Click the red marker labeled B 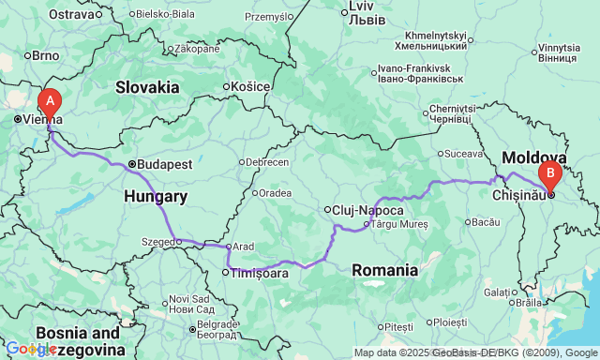pyautogui.click(x=549, y=172)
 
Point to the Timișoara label pyautogui.click(x=256, y=273)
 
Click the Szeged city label pyautogui.click(x=159, y=242)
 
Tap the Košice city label pyautogui.click(x=248, y=87)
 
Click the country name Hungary pyautogui.click(x=156, y=197)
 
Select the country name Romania pyautogui.click(x=384, y=270)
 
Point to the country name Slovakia pyautogui.click(x=147, y=86)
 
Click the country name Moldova pyautogui.click(x=534, y=157)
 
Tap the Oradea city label pyautogui.click(x=276, y=193)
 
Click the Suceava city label pyautogui.click(x=464, y=153)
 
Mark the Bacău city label pyautogui.click(x=486, y=222)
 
